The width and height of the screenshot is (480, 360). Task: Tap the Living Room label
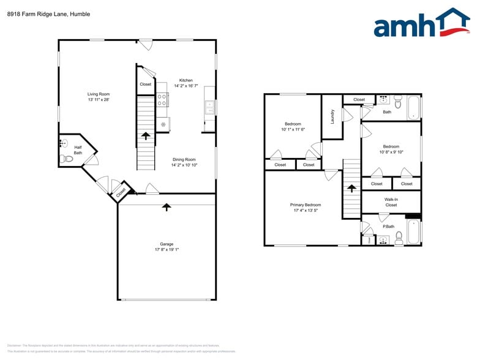point(98,94)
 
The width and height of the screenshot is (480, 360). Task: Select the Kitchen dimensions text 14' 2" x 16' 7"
point(186,86)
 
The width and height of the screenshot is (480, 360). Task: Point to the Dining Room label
point(184,159)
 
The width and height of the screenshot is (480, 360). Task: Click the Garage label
point(167,244)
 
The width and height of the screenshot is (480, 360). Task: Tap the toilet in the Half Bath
point(67,159)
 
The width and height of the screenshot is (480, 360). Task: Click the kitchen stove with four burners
point(163,100)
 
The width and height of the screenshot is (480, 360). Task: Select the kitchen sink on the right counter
point(210,108)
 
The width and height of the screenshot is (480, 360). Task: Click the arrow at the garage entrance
point(166,207)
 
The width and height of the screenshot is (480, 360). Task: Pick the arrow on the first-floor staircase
point(146,135)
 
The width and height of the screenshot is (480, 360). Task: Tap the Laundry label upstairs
point(332,116)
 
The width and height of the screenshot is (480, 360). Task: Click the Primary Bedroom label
point(306,205)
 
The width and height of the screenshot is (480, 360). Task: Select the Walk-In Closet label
point(391,202)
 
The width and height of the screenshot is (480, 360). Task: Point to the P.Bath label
point(388,227)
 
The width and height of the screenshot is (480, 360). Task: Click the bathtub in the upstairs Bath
point(414,107)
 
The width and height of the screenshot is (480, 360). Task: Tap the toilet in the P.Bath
point(399,237)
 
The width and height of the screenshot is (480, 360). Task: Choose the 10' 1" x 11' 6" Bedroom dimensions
point(293,129)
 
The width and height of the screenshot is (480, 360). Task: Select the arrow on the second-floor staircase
point(351,190)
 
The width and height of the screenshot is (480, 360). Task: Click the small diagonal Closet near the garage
point(121,192)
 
